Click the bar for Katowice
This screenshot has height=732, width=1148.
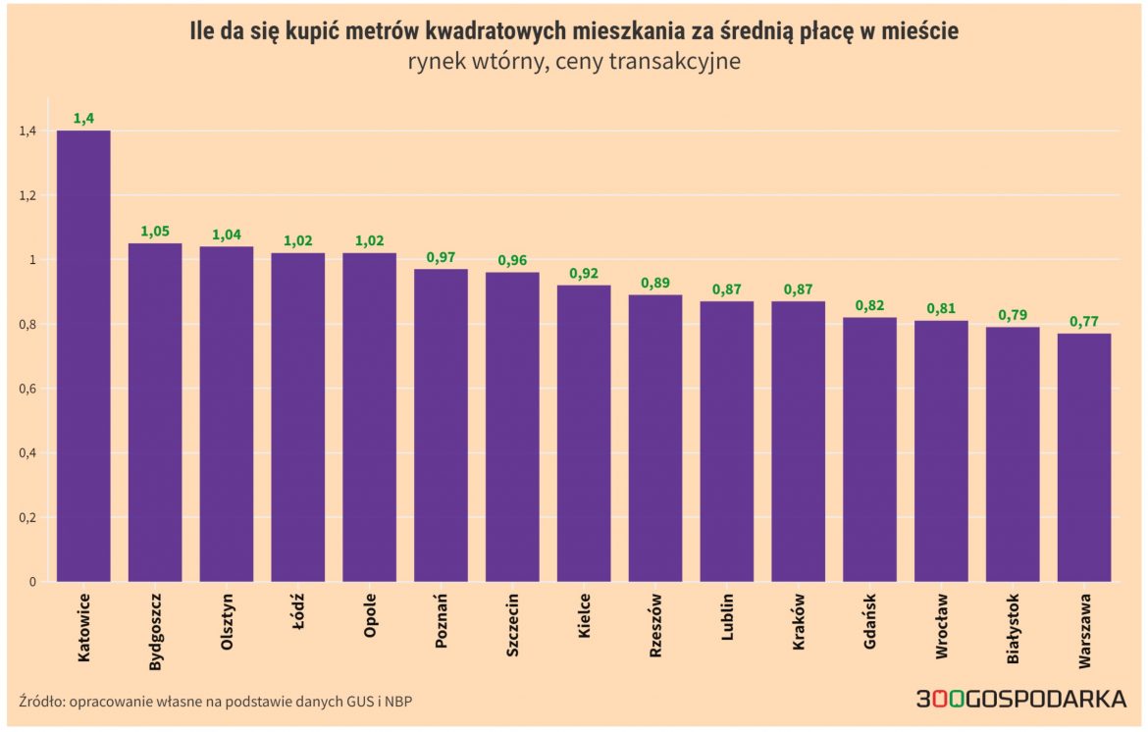[83, 355]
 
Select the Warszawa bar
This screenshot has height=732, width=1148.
[1084, 457]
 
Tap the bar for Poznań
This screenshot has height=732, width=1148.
[441, 425]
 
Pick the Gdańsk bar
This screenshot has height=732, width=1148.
[869, 449]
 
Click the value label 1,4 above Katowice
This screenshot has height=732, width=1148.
[83, 118]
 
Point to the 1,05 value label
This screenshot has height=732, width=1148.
[155, 232]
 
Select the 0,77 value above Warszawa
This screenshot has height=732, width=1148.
[1084, 322]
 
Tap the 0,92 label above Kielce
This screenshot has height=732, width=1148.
[584, 273]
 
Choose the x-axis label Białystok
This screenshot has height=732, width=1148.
[1014, 629]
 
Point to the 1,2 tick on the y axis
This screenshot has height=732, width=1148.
[26, 195]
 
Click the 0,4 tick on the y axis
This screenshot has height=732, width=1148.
[26, 453]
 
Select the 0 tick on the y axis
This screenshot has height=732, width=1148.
[32, 582]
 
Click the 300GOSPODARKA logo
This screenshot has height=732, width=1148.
[1020, 699]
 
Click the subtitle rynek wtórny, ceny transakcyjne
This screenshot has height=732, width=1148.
[574, 62]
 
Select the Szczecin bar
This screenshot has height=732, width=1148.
[512, 427]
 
